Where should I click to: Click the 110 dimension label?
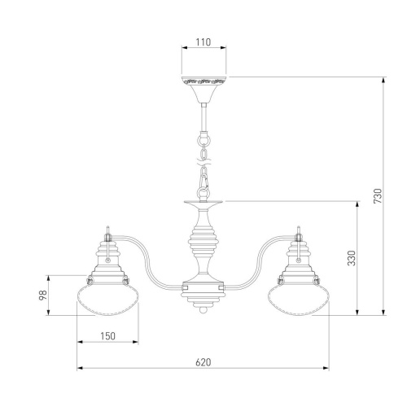click(x=203, y=42)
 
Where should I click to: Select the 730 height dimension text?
click(x=378, y=196)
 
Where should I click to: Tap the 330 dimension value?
click(x=352, y=258)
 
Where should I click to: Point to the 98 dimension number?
click(x=43, y=295)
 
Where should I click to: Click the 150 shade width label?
click(x=107, y=336)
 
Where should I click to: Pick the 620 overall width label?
click(x=203, y=362)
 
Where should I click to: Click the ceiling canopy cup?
click(x=203, y=90)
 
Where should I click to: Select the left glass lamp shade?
click(x=108, y=300)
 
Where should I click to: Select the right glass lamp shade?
click(x=299, y=300)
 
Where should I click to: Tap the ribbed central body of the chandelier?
click(x=203, y=242)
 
